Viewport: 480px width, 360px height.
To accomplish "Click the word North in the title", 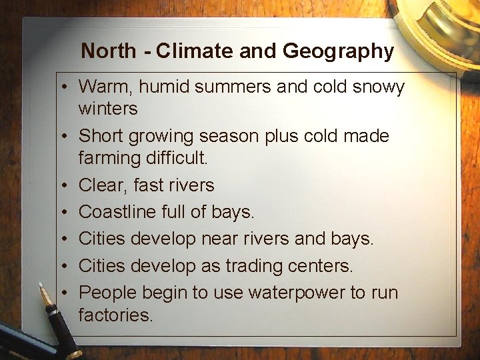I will (x=108, y=51).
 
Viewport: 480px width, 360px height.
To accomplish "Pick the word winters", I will (x=108, y=108).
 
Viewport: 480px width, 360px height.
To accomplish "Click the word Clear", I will (x=101, y=185).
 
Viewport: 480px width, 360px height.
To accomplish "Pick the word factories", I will (x=116, y=315).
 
